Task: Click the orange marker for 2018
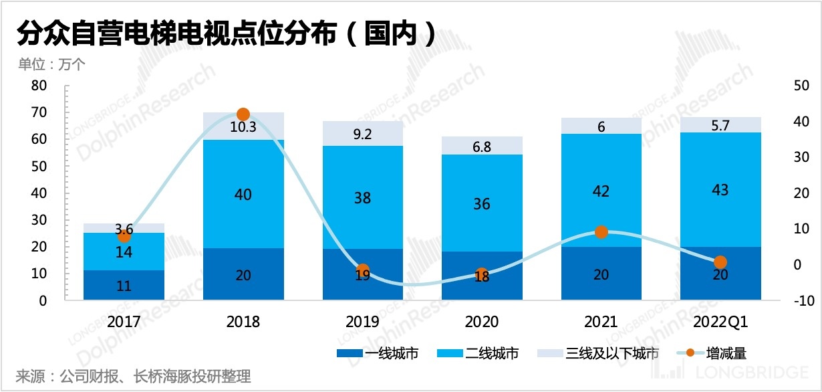pyautogui.click(x=243, y=114)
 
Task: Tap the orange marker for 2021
pyautogui.click(x=601, y=232)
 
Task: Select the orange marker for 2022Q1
pyautogui.click(x=720, y=262)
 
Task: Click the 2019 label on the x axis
pyautogui.click(x=362, y=322)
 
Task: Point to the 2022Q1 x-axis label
pyautogui.click(x=720, y=322)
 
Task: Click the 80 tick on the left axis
pyautogui.click(x=39, y=86)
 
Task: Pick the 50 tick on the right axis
pyautogui.click(x=796, y=86)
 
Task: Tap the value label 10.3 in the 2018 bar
pyautogui.click(x=243, y=127)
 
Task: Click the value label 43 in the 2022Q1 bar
pyautogui.click(x=720, y=191)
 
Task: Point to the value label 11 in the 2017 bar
pyautogui.click(x=124, y=286)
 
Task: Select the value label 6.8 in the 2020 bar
pyautogui.click(x=481, y=146)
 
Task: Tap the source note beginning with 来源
pyautogui.click(x=133, y=376)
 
